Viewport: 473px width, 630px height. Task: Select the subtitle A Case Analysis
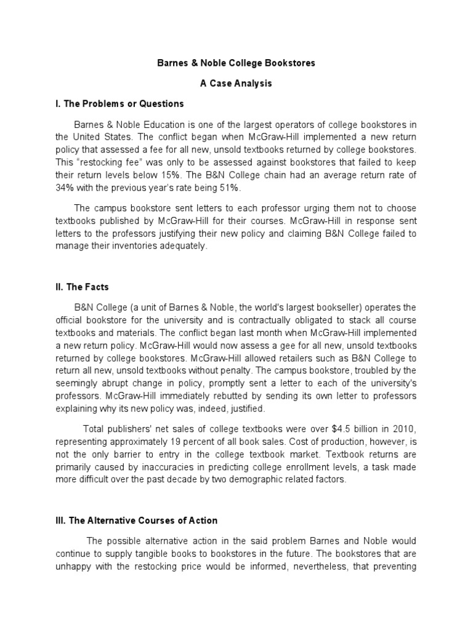coord(236,84)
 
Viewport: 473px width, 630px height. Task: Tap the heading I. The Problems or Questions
coord(119,103)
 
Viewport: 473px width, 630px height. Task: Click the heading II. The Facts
coord(83,287)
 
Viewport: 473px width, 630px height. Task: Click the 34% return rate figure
coord(65,187)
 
